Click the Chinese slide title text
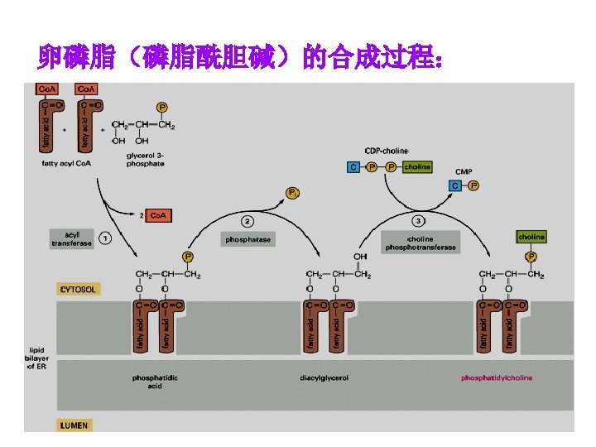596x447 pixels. point(240,58)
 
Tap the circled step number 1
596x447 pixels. point(105,238)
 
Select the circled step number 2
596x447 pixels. point(248,221)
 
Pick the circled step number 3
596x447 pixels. point(419,221)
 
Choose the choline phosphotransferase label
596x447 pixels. point(420,243)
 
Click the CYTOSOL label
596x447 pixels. point(78,290)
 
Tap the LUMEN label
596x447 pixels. point(74,425)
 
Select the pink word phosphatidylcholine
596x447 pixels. point(497,378)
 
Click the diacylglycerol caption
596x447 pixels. point(324,378)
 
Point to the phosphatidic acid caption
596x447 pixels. point(155,382)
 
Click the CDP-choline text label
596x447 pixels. point(386,151)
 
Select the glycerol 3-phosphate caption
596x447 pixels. point(145,159)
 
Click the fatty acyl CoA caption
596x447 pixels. point(66,163)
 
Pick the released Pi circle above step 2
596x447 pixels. point(292,193)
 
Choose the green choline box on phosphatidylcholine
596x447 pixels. point(531,238)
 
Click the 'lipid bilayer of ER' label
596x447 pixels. point(38,358)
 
